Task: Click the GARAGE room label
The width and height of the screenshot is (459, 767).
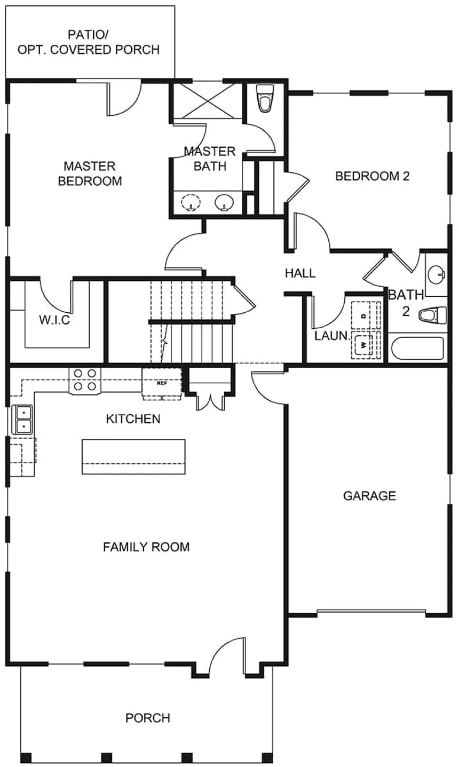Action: point(369,496)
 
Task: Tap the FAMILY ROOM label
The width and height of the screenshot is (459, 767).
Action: point(146,547)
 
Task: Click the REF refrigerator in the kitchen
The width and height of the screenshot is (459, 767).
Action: point(162,383)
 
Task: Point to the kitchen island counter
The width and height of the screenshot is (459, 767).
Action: point(133,457)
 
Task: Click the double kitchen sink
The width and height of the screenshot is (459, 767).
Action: point(22,420)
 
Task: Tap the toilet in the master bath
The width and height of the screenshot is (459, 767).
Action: point(265,99)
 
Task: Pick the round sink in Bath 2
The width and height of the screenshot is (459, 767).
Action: point(436,274)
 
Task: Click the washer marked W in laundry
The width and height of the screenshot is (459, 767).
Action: point(364,345)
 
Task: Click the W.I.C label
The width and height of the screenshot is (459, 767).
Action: point(54,320)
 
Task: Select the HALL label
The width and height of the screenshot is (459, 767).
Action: point(300,273)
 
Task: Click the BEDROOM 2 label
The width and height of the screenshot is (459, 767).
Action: point(373,176)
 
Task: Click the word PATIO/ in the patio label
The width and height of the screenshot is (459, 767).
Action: point(88,35)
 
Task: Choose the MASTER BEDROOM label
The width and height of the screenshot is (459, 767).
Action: point(90,173)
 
